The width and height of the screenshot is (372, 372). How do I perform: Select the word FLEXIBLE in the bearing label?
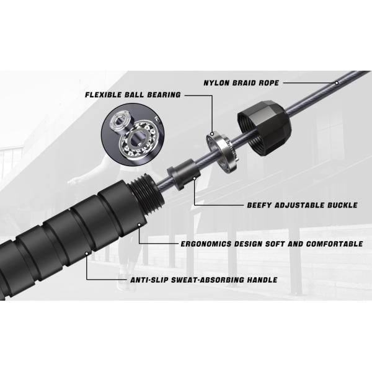pos(102,95)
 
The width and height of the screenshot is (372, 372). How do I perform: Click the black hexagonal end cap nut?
pos(263,128)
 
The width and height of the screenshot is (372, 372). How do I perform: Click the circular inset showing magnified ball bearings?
pos(133,135)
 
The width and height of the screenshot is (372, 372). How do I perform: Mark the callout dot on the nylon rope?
pos(337,83)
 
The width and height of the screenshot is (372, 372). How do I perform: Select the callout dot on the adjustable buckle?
pos(195,179)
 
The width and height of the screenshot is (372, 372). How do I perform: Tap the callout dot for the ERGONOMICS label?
pos(139,225)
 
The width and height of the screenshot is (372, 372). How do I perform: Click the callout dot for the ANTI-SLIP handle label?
pos(87,254)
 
